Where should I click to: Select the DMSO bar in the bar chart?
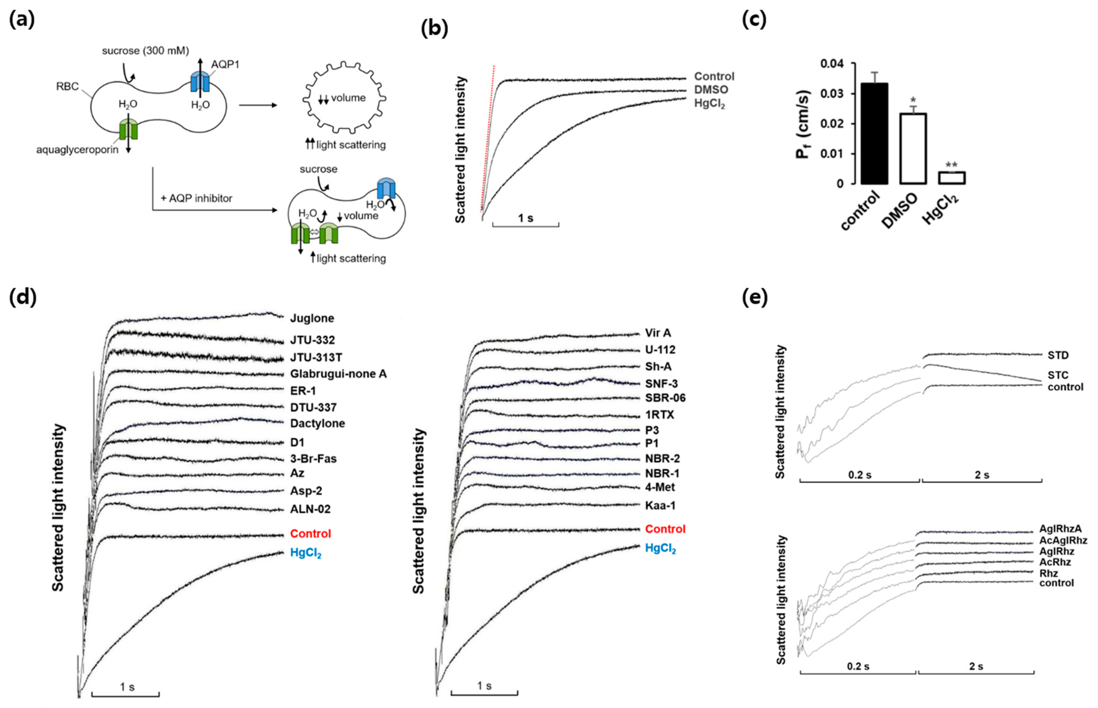(x=913, y=148)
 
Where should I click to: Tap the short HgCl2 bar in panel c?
(x=951, y=178)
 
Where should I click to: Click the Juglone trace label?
(x=312, y=318)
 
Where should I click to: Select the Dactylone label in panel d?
(x=317, y=424)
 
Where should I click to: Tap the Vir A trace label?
(x=658, y=333)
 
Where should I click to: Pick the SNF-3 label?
(x=661, y=383)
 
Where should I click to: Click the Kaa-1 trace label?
(x=660, y=506)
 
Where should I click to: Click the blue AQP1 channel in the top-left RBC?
(x=200, y=82)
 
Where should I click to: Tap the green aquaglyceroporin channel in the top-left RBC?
(x=128, y=129)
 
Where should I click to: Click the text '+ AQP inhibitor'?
(x=196, y=198)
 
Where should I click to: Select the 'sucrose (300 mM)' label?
(x=145, y=50)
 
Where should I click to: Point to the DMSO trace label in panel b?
(x=711, y=90)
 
